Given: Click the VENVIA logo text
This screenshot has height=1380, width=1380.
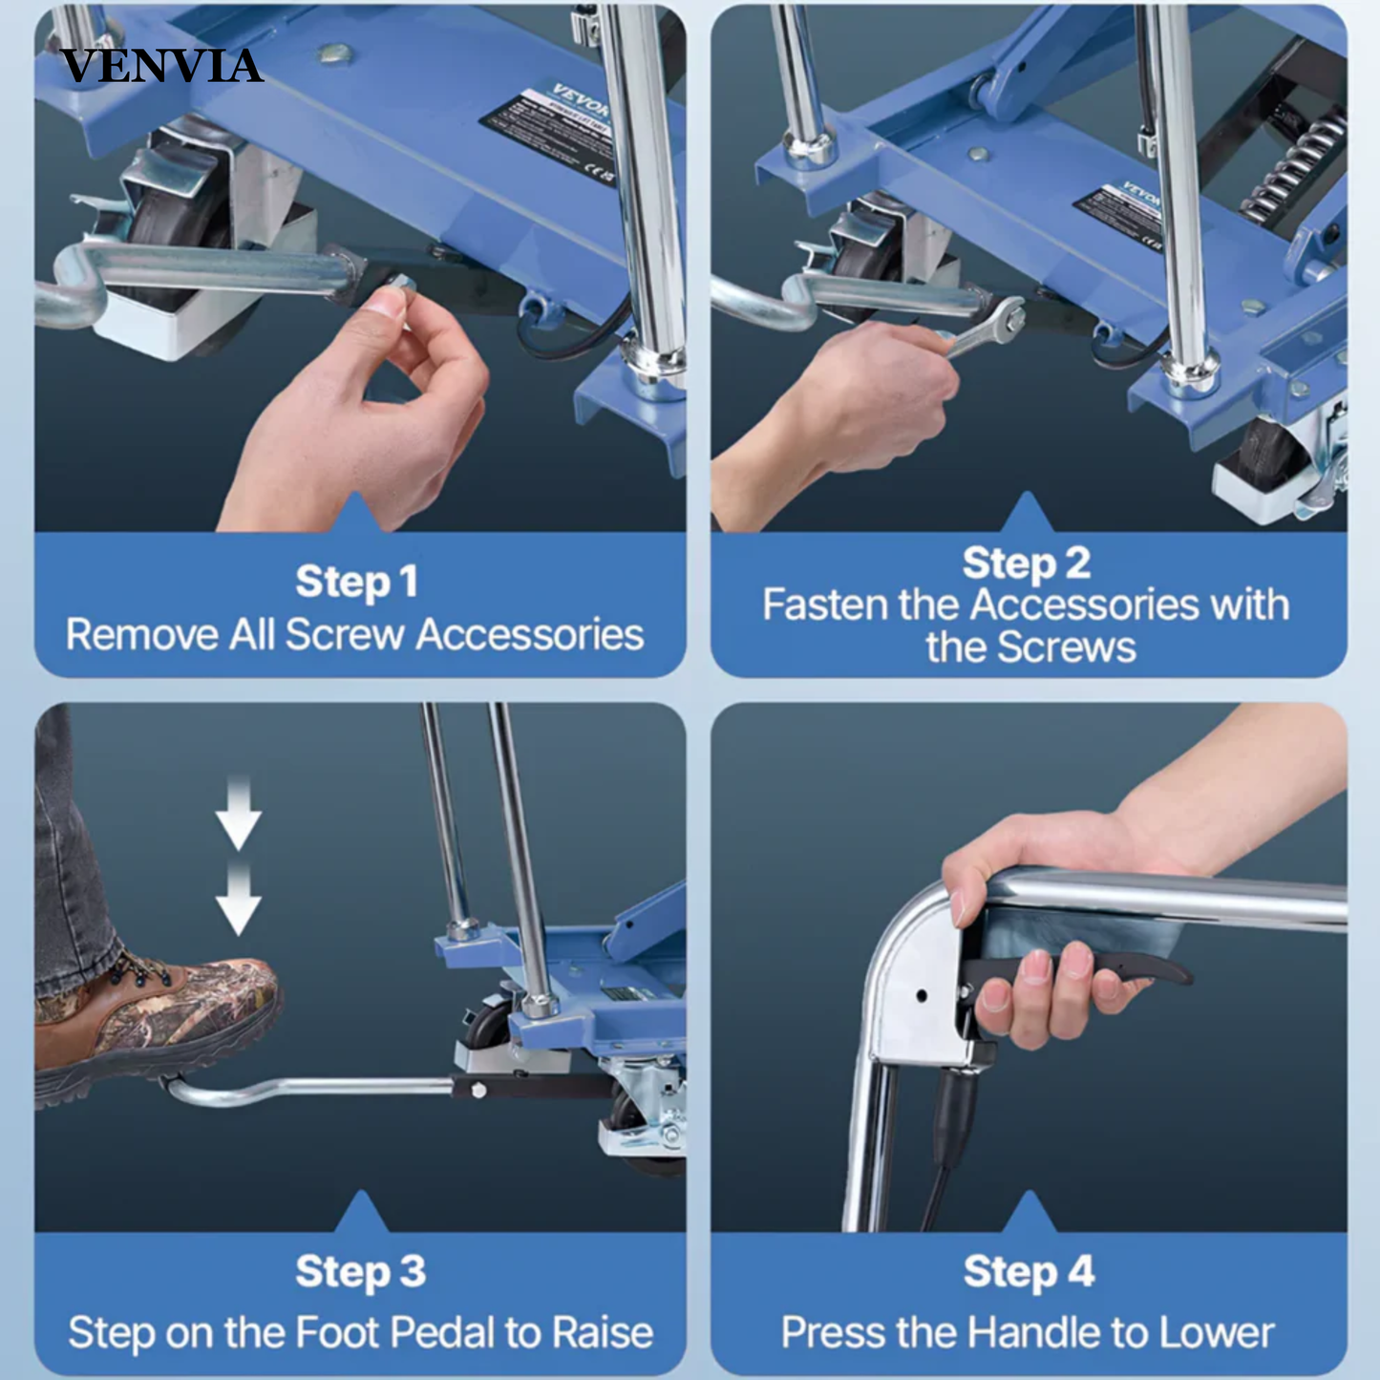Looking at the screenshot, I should (160, 66).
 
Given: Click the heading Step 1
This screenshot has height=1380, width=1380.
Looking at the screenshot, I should (356, 582).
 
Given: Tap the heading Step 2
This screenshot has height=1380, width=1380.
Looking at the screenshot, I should (1027, 563).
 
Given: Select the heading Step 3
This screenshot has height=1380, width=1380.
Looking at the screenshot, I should (360, 1272).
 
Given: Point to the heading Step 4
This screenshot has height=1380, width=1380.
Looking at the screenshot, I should (1029, 1272).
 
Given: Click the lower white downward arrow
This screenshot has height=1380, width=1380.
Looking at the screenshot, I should (238, 902).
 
